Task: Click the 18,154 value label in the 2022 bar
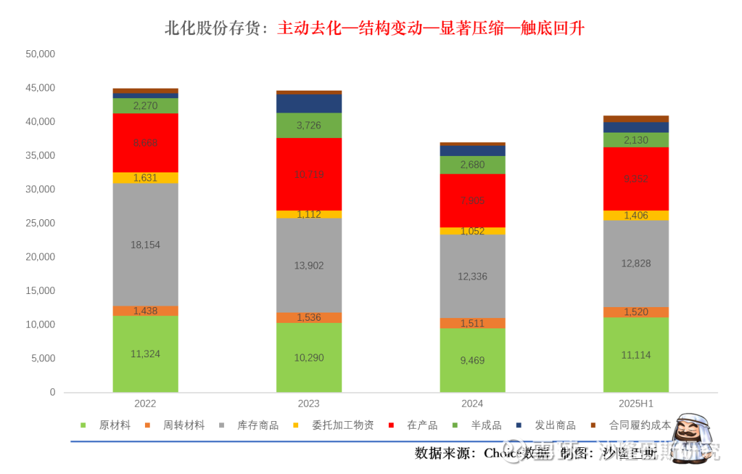tap(145, 245)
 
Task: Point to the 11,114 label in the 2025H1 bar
tap(636, 355)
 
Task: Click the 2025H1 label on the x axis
tap(636, 404)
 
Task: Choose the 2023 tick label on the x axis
tap(308, 404)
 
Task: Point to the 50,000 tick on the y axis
tap(39, 54)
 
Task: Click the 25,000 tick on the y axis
tap(39, 223)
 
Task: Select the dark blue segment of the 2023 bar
tap(308, 104)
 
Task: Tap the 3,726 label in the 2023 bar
tap(308, 125)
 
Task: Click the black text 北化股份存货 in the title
tap(213, 28)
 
